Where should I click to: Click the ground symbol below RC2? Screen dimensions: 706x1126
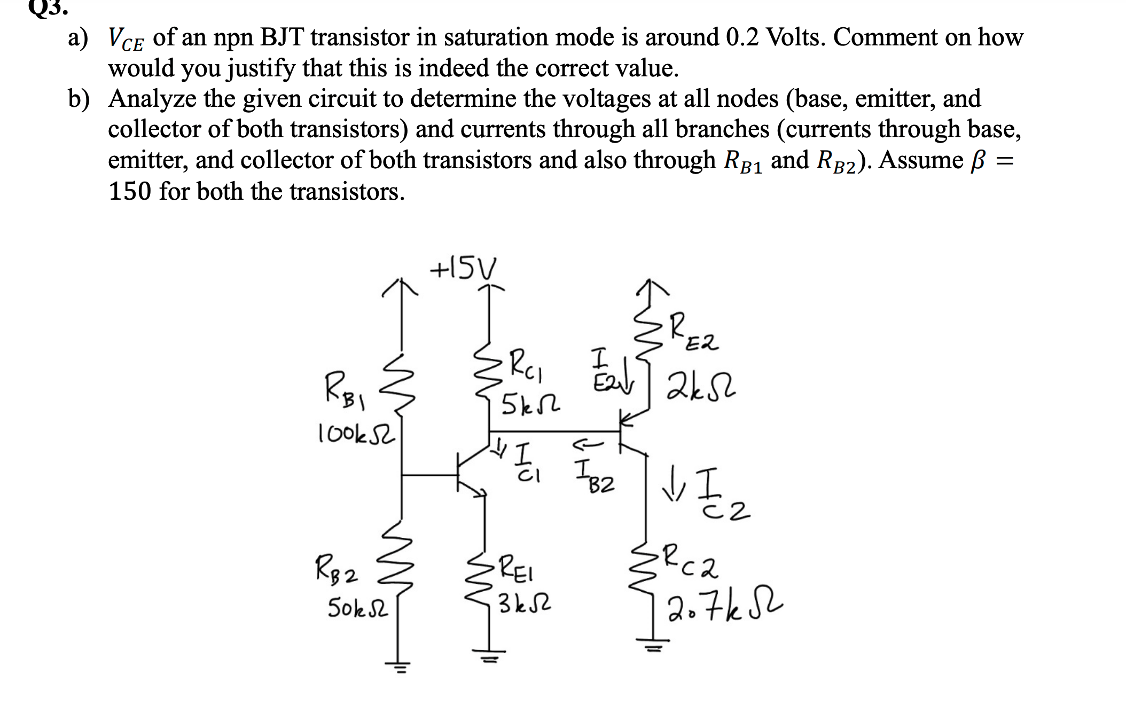[x=654, y=647]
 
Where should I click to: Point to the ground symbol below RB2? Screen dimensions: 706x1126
[x=398, y=666]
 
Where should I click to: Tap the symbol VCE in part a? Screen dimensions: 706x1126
[x=126, y=39]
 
